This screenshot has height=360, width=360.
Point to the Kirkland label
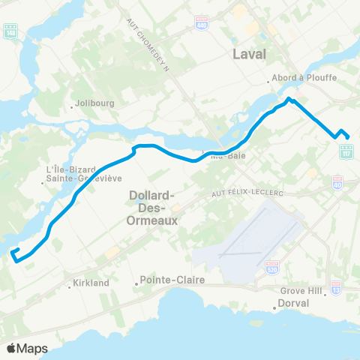91,283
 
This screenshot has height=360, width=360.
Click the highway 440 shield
201,24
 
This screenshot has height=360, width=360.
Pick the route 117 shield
346,153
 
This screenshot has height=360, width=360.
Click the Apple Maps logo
26,348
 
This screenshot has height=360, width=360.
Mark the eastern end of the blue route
348,136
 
